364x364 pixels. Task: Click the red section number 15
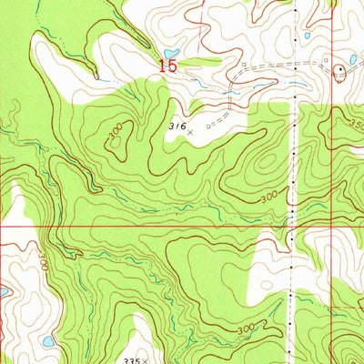pos(168,66)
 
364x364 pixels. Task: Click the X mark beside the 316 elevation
pos(190,132)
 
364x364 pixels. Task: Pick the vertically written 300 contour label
pos(42,263)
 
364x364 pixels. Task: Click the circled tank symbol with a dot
pos(341,70)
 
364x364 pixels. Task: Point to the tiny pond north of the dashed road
pos(308,35)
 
